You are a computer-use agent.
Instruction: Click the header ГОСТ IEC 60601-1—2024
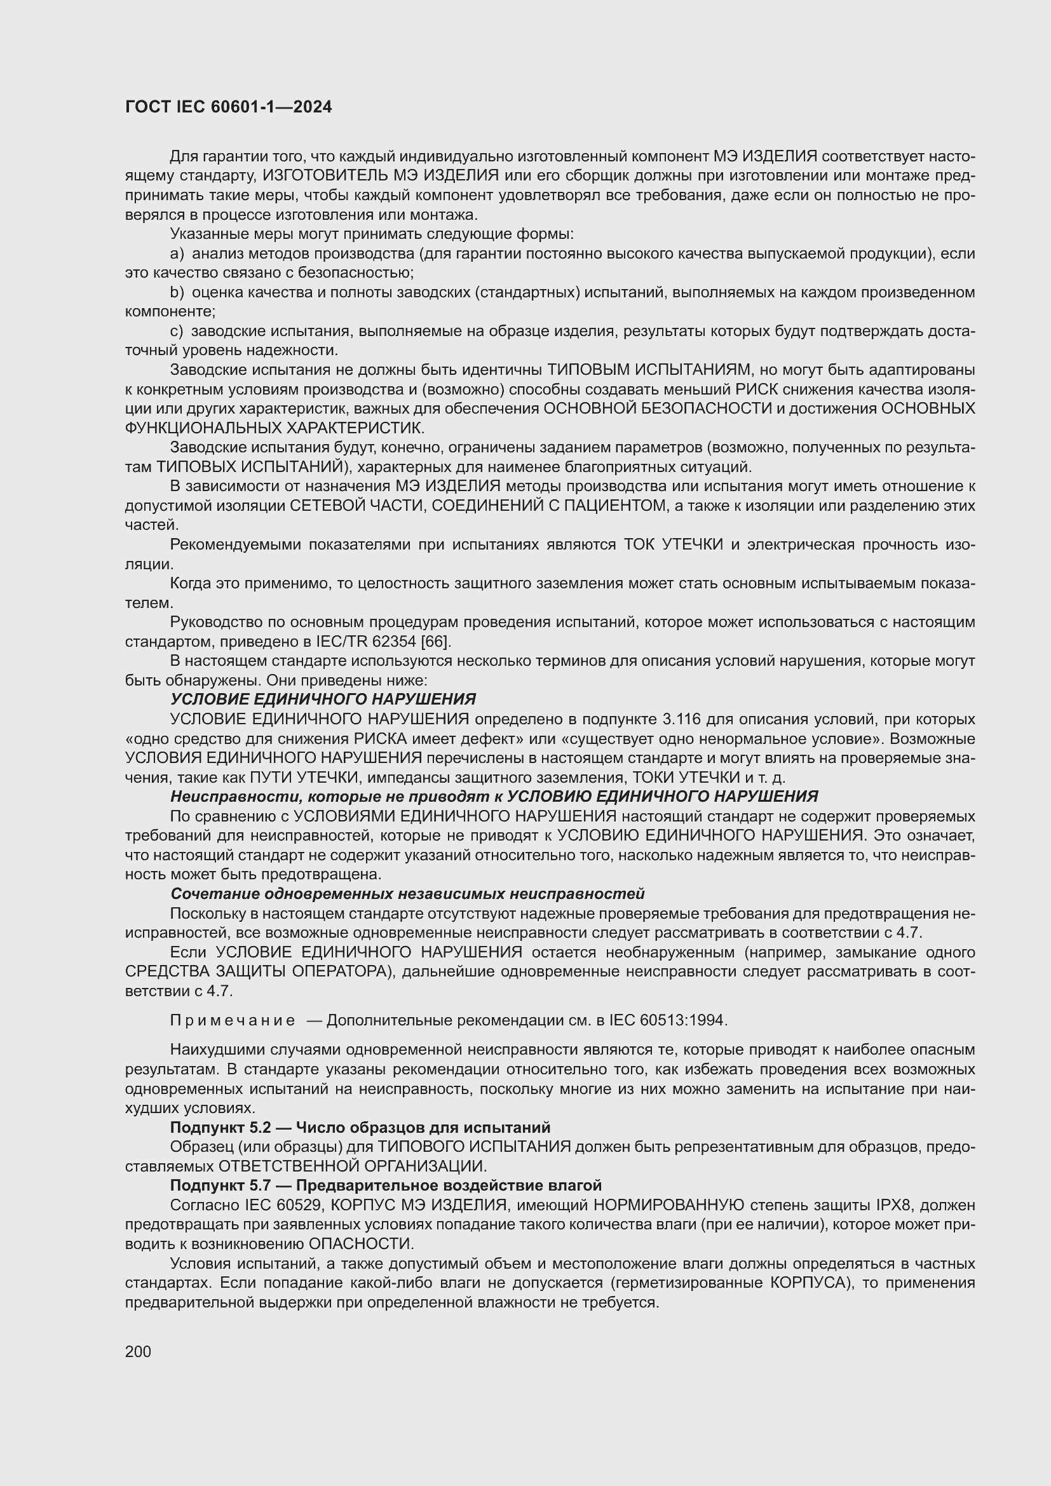pos(228,107)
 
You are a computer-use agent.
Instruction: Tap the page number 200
pos(138,1351)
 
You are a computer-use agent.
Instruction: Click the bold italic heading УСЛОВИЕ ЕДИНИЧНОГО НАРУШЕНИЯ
pos(322,699)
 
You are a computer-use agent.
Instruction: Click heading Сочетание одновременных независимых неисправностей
pos(407,894)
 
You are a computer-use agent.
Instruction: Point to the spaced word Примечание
pos(233,1021)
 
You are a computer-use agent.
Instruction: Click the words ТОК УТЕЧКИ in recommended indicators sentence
pos(673,545)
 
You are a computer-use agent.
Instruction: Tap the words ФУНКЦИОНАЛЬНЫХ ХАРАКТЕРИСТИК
pos(275,428)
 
